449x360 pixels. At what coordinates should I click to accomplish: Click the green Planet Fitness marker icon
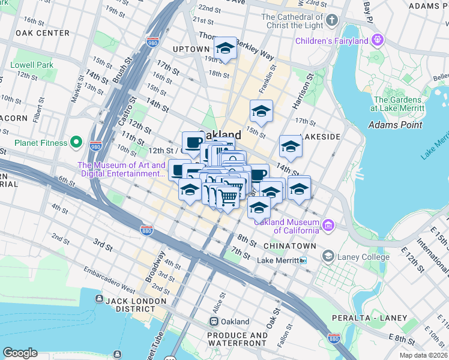click(76, 142)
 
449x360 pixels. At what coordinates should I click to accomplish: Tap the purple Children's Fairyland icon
click(377, 41)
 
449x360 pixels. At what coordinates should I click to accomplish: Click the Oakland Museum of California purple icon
click(328, 226)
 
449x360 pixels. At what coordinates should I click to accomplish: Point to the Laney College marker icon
click(328, 257)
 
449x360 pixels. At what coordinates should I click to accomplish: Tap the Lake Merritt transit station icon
click(303, 260)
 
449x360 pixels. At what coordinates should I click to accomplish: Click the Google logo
click(20, 353)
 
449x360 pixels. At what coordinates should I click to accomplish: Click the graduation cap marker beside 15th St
click(261, 112)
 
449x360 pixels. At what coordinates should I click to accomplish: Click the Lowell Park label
click(32, 64)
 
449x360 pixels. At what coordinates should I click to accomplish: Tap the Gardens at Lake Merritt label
click(399, 103)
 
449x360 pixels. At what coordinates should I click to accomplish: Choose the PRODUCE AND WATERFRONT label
click(237, 339)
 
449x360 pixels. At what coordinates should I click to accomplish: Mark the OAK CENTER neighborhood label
click(43, 33)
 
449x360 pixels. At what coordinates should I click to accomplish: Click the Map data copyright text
click(423, 355)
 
